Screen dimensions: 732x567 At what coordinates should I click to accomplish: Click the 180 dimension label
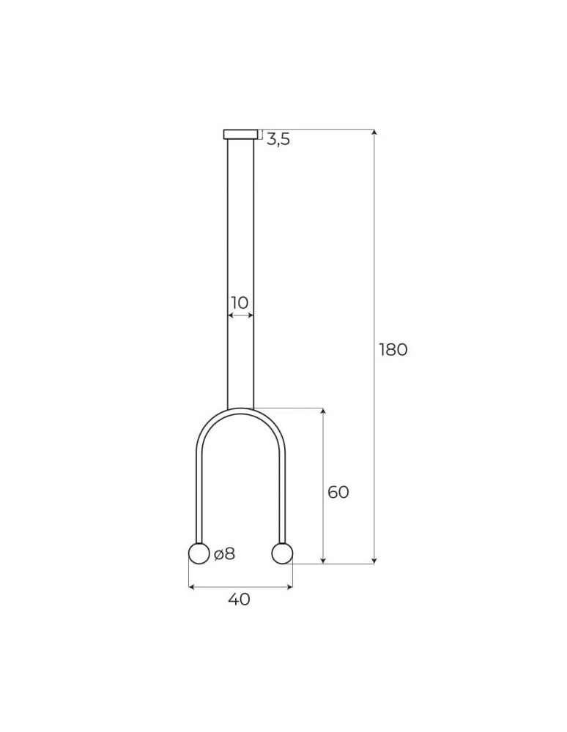pyautogui.click(x=393, y=350)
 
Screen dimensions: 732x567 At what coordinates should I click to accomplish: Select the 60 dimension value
pyautogui.click(x=338, y=493)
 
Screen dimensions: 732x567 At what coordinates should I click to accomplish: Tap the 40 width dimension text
pyautogui.click(x=239, y=600)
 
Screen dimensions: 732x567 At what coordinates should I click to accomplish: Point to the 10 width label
pyautogui.click(x=240, y=303)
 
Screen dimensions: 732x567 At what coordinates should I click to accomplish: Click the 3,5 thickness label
pyautogui.click(x=278, y=140)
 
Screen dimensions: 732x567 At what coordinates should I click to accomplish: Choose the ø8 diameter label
pyautogui.click(x=225, y=554)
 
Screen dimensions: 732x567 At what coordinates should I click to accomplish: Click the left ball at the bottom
pyautogui.click(x=199, y=553)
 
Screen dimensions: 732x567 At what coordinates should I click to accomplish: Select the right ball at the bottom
pyautogui.click(x=282, y=553)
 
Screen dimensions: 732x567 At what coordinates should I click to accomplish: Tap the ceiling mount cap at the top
pyautogui.click(x=240, y=134)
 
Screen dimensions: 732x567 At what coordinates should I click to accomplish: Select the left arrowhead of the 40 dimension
pyautogui.click(x=192, y=587)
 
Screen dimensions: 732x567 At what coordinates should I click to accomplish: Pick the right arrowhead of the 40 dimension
pyautogui.click(x=289, y=587)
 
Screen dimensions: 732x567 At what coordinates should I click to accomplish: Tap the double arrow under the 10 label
pyautogui.click(x=240, y=315)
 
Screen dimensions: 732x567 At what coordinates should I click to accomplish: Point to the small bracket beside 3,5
pyautogui.click(x=261, y=134)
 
